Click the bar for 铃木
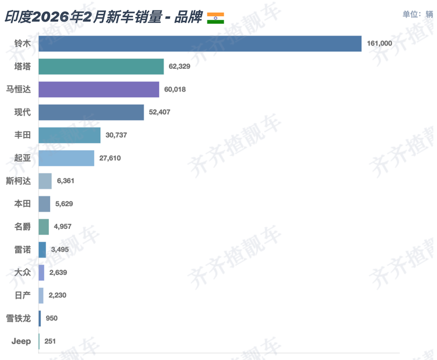click(x=200, y=44)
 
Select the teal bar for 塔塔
click(x=101, y=66)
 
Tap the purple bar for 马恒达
click(x=98, y=90)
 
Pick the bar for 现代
click(x=91, y=112)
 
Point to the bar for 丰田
click(x=69, y=135)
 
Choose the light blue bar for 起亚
click(x=66, y=158)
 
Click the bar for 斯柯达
click(x=45, y=181)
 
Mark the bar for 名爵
click(x=44, y=227)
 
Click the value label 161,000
click(x=379, y=43)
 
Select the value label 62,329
click(x=179, y=66)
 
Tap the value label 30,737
click(x=116, y=135)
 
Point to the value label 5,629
click(x=64, y=204)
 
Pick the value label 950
click(x=51, y=318)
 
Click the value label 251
click(x=50, y=341)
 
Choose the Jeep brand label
click(x=21, y=341)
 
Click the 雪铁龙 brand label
click(x=19, y=318)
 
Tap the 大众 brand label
click(x=23, y=272)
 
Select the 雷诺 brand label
click(x=23, y=249)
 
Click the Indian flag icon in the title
click(x=216, y=18)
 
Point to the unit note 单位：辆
click(x=418, y=14)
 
